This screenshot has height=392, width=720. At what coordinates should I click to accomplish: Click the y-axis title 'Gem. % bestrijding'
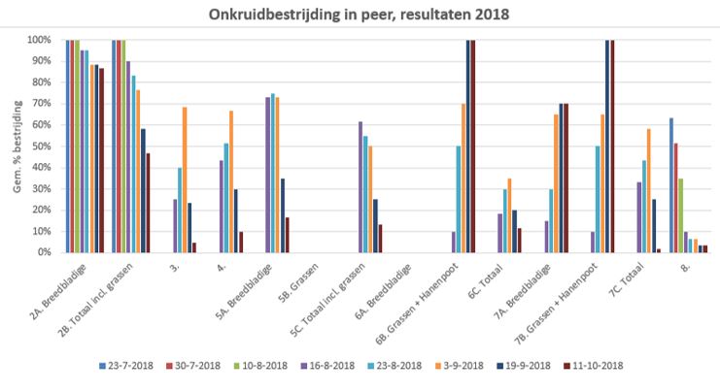(x=17, y=147)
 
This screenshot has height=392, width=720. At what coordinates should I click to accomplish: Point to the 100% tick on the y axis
(x=45, y=41)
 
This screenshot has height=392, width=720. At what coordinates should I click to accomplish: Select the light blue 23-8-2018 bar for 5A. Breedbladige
(x=273, y=173)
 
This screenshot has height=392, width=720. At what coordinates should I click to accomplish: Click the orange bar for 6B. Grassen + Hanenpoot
(x=463, y=178)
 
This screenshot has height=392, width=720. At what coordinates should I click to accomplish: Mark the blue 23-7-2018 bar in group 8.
(x=671, y=184)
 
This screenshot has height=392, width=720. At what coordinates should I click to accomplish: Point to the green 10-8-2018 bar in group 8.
(x=680, y=214)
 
